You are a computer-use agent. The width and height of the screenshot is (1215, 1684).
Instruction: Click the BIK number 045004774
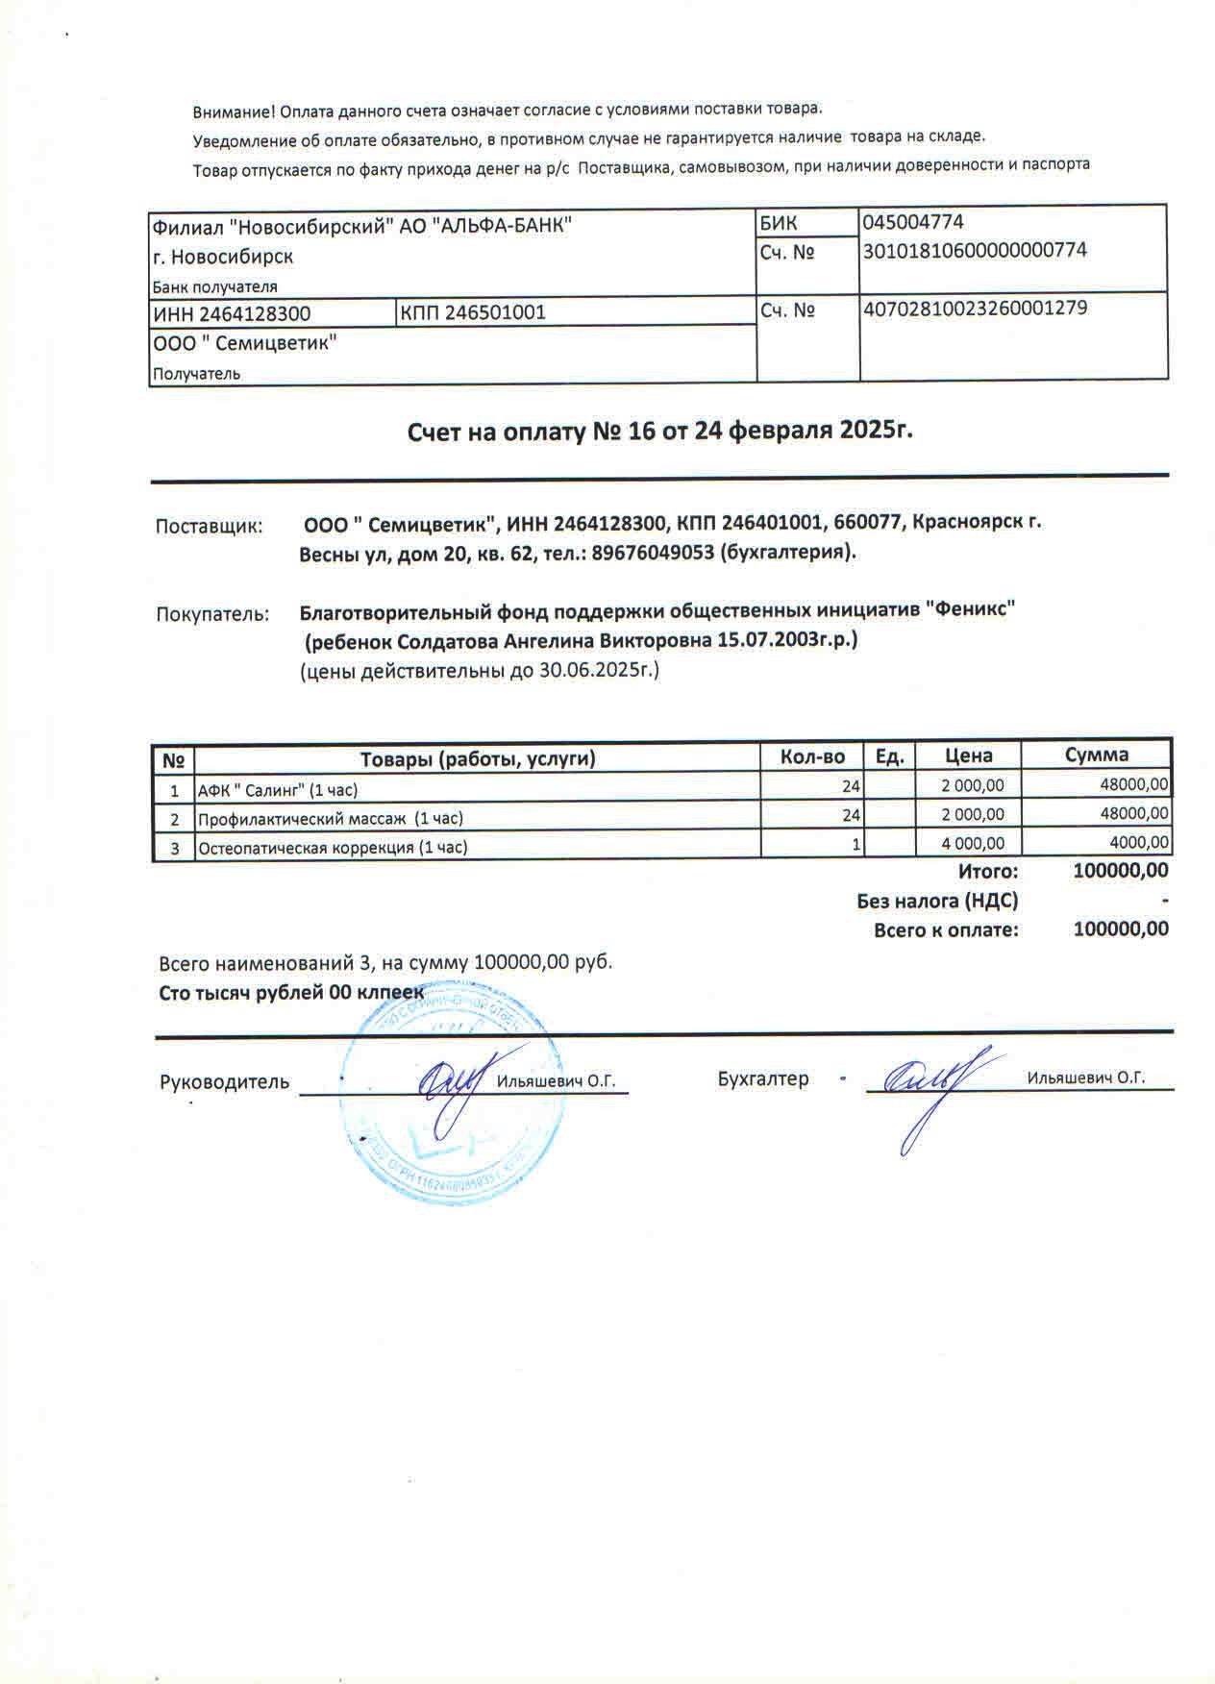click(x=913, y=222)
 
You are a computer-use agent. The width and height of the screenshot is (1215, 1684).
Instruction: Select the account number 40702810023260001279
click(x=976, y=310)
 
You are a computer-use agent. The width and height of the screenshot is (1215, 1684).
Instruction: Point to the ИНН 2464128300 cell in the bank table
click(x=232, y=313)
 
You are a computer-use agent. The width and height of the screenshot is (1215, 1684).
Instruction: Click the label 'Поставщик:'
click(x=209, y=527)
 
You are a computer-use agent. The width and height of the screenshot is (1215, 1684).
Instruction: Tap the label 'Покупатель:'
click(x=212, y=614)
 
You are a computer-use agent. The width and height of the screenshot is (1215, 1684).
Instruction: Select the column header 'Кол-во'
click(x=812, y=757)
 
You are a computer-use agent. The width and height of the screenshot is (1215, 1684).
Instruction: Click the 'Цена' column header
click(x=968, y=756)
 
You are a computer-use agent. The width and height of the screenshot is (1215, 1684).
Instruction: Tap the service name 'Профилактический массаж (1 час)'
click(x=330, y=819)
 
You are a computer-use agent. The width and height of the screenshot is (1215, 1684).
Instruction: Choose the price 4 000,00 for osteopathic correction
click(x=973, y=843)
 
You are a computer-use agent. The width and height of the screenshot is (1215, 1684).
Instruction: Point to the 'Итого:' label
click(x=987, y=872)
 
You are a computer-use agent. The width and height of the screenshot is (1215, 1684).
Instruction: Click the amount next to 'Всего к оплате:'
click(x=1121, y=929)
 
